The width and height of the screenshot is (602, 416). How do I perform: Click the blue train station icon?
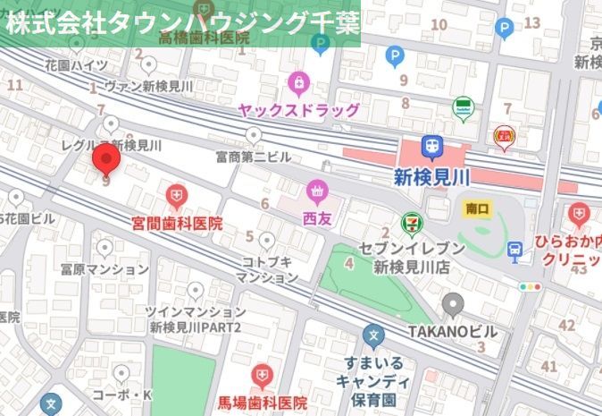click(x=432, y=146)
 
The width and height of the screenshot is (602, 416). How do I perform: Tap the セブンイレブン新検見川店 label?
click(x=412, y=257)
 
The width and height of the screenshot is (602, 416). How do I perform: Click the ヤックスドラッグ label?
click(x=298, y=110)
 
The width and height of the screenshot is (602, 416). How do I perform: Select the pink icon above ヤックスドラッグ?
click(x=298, y=85)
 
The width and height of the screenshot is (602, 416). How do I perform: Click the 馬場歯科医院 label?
click(x=263, y=403)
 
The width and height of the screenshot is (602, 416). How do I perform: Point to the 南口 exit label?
click(x=479, y=208)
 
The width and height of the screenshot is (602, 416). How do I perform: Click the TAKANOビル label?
click(x=452, y=331)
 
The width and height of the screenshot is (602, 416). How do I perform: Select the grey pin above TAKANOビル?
click(x=452, y=304)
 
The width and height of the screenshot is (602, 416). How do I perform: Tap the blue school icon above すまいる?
click(x=373, y=336)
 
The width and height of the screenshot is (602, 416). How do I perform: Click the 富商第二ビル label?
click(x=254, y=157)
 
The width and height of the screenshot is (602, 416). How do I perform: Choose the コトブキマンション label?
click(x=266, y=268)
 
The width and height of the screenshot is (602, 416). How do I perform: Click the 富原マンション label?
click(x=105, y=268)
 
